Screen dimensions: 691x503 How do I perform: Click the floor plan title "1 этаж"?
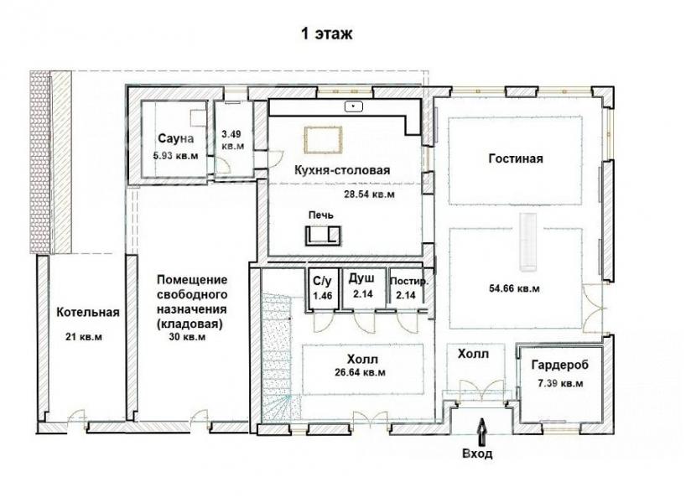pos(326,34)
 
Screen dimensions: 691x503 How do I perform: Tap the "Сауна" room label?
pos(175,138)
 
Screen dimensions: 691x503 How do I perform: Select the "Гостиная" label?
pos(516,158)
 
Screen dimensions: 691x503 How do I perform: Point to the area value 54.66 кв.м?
pos(514,288)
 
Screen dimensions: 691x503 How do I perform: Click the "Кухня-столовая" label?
pos(342,170)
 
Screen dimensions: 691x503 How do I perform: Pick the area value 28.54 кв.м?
pos(369,194)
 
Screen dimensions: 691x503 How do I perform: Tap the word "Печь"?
pos(321,215)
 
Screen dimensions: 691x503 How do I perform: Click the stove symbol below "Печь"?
pos(324,235)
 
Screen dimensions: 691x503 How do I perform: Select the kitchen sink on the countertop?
pos(353,106)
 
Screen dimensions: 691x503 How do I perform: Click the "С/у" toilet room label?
pos(323,281)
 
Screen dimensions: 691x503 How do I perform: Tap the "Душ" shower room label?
pos(361,278)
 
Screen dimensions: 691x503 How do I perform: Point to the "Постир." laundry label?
pos(409,282)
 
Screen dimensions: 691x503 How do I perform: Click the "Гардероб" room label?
pos(559,366)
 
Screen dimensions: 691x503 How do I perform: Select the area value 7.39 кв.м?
pos(560,383)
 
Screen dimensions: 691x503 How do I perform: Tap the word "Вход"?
pos(477,454)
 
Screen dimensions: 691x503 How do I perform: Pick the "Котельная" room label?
pos(88,313)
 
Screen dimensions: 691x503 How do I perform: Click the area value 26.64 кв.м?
pos(360,372)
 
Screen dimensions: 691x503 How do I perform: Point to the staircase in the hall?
pos(275,356)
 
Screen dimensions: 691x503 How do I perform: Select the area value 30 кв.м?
pos(187,337)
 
